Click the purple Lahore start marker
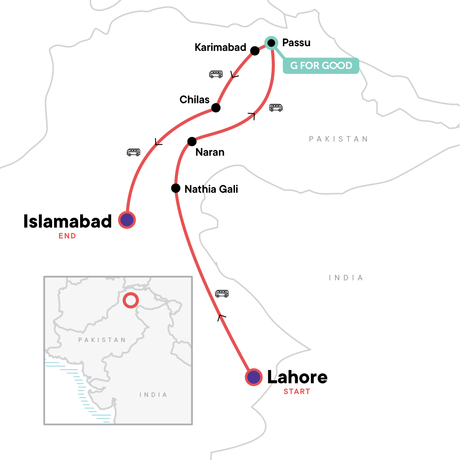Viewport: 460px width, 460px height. click(x=253, y=377)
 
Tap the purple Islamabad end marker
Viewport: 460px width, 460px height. click(x=127, y=220)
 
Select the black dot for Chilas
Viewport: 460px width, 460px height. click(x=216, y=108)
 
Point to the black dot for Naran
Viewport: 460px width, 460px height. click(x=192, y=141)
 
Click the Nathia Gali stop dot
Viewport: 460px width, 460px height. click(x=176, y=188)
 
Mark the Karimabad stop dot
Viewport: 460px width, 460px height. click(x=255, y=51)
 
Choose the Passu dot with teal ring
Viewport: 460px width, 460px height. click(x=271, y=43)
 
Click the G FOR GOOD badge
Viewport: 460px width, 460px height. click(x=321, y=66)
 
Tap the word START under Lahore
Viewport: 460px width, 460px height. click(x=297, y=391)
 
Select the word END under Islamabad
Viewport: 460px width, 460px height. click(x=67, y=236)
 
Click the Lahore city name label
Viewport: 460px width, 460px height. click(x=297, y=377)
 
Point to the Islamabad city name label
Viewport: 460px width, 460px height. click(x=67, y=221)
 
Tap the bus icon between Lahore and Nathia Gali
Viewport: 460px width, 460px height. click(x=222, y=294)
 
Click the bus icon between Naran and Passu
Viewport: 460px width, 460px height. click(x=276, y=108)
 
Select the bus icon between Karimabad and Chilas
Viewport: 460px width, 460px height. click(x=216, y=74)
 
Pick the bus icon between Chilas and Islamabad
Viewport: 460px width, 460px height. click(x=133, y=152)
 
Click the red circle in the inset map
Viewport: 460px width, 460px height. click(x=131, y=300)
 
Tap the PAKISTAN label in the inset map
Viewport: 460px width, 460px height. click(x=102, y=340)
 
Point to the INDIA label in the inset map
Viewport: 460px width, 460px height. click(x=153, y=394)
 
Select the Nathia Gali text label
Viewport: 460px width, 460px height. click(x=211, y=189)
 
